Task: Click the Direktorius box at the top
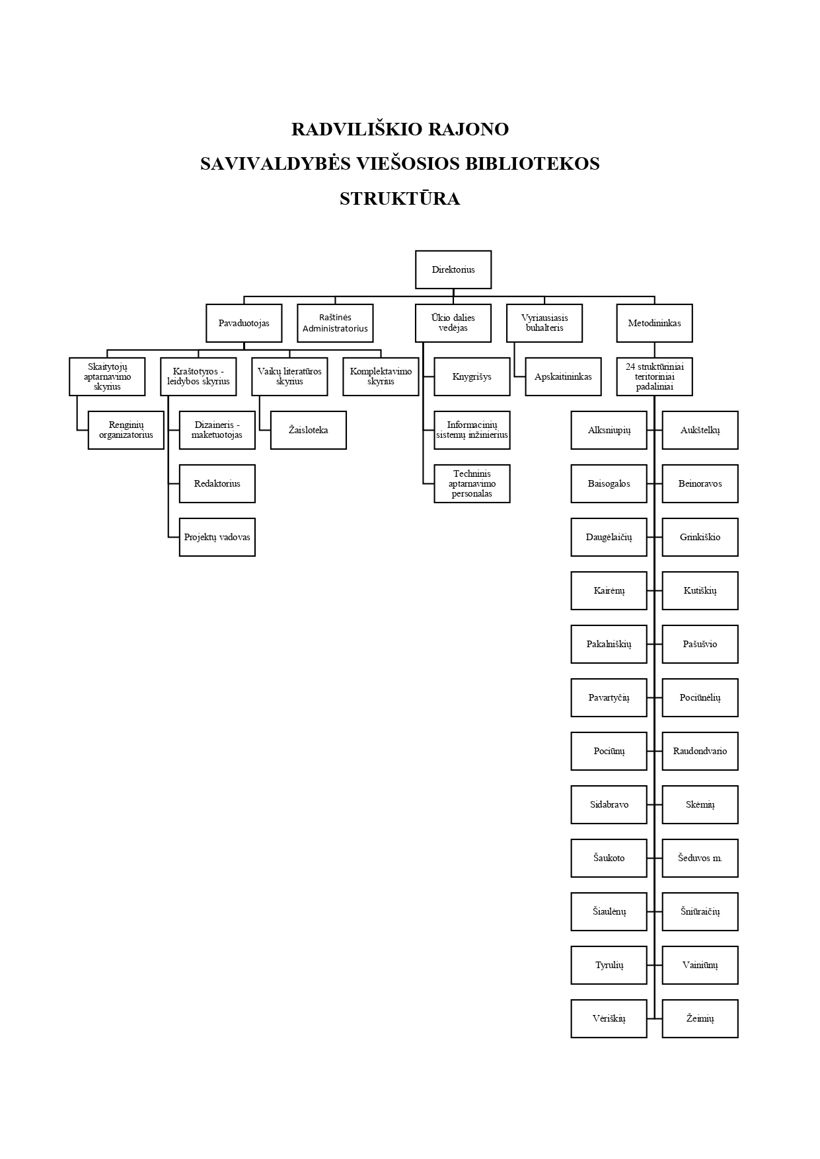(453, 269)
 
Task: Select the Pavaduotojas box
(244, 323)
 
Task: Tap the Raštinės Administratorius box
(335, 323)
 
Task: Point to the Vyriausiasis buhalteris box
(544, 323)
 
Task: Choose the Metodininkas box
(655, 323)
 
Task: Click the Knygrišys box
(472, 376)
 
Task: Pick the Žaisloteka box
(309, 430)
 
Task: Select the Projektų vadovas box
(217, 537)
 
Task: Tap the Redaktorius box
(217, 483)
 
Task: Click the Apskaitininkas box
(564, 376)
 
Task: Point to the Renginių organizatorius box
(126, 430)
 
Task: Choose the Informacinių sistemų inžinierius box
(472, 430)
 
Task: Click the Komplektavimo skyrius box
(381, 376)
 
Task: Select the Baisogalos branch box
(609, 483)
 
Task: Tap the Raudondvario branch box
(700, 751)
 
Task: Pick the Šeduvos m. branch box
(700, 858)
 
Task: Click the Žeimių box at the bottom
(700, 1018)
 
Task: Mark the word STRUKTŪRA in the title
(400, 198)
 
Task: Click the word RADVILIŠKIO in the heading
(357, 129)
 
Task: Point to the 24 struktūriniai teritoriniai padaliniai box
(655, 376)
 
